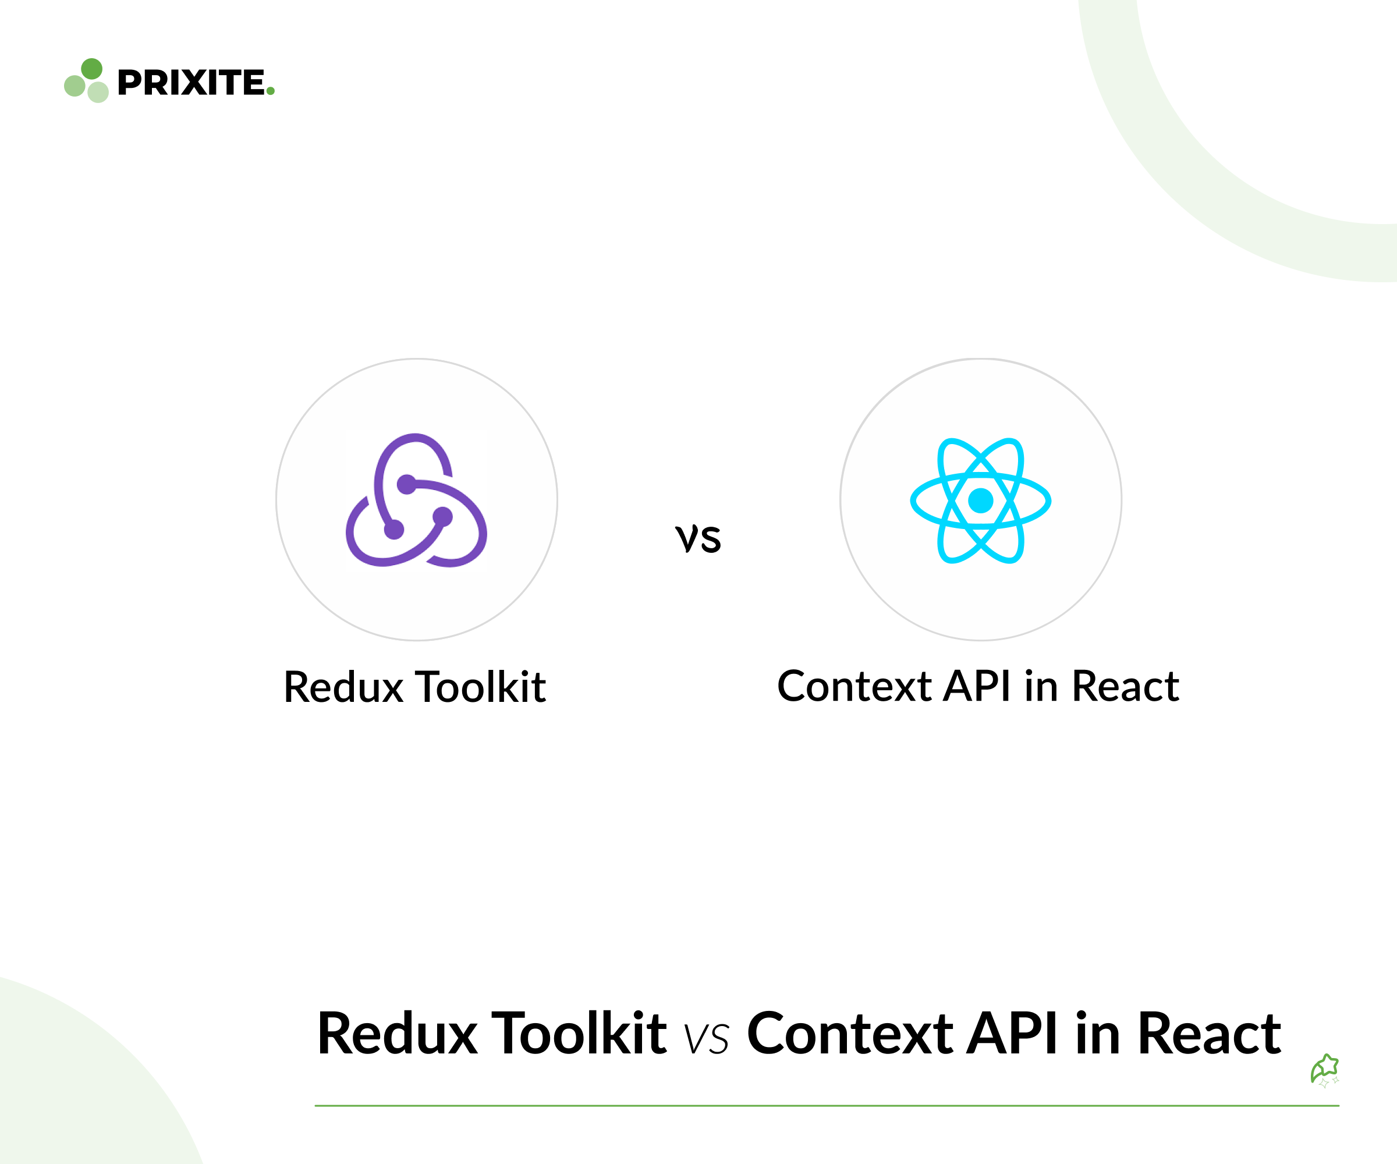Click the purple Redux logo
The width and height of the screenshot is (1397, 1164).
[x=416, y=499]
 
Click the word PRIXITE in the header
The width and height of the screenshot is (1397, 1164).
[x=192, y=83]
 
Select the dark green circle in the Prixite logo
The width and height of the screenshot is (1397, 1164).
[x=92, y=69]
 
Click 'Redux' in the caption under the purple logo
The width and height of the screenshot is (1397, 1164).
[x=343, y=687]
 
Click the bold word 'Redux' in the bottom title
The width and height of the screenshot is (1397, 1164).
[x=397, y=1034]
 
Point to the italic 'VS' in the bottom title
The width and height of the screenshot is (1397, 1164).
[x=707, y=1039]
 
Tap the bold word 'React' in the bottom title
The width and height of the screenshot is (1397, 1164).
[x=1209, y=1034]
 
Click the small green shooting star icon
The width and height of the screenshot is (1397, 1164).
[x=1324, y=1070]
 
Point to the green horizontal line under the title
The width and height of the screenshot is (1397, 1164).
[x=827, y=1105]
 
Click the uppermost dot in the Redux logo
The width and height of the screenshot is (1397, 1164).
[x=406, y=484]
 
